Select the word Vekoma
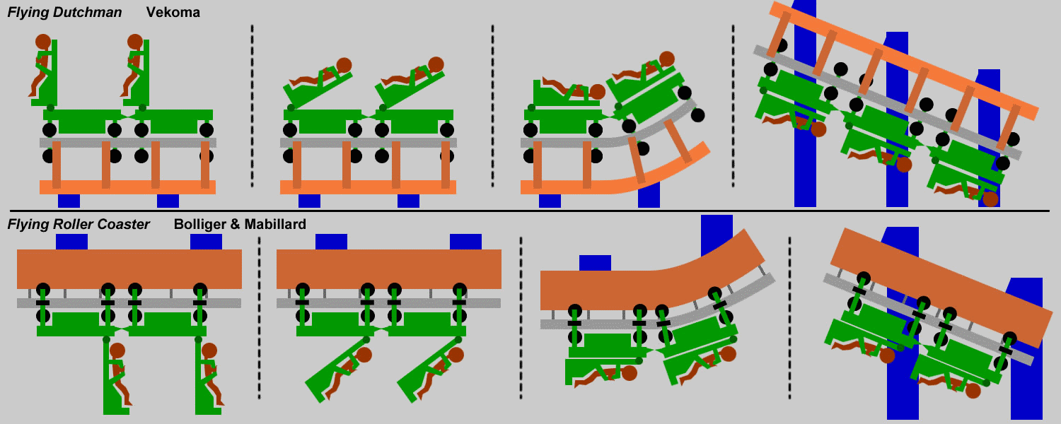[173, 12]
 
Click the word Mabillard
[275, 224]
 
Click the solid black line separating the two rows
[530, 211]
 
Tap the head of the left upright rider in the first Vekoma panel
[43, 42]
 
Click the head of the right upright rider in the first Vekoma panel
[135, 42]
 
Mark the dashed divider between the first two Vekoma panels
[252, 106]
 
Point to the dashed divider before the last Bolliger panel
[789, 318]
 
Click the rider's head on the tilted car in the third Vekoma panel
[666, 59]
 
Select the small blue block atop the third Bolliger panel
[595, 263]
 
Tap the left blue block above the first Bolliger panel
[71, 242]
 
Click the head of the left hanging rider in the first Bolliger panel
[117, 351]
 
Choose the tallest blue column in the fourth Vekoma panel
[805, 103]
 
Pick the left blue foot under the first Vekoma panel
[69, 201]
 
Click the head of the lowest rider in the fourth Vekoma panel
[990, 199]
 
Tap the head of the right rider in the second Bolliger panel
[456, 355]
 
